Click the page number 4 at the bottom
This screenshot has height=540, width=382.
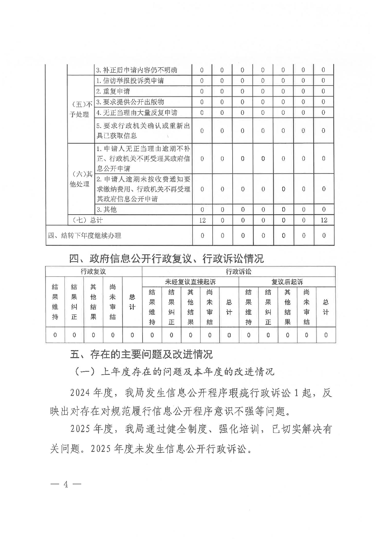pyautogui.click(x=66, y=485)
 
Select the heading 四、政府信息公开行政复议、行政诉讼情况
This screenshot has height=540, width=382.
pyautogui.click(x=166, y=258)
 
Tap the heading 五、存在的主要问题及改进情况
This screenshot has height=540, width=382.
pyautogui.click(x=141, y=355)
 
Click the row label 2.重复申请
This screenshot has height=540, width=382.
pyautogui.click(x=113, y=91)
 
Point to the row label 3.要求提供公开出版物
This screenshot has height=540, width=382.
pyautogui.click(x=130, y=102)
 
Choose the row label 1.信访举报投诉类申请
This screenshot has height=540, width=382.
pyautogui.click(x=130, y=81)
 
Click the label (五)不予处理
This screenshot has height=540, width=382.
pyautogui.click(x=81, y=109)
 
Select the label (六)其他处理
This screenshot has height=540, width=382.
pyautogui.click(x=81, y=179)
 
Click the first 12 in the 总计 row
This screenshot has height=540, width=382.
pyautogui.click(x=202, y=220)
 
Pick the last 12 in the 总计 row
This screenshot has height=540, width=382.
pyautogui.click(x=324, y=220)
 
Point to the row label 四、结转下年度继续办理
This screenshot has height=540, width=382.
pyautogui.click(x=85, y=236)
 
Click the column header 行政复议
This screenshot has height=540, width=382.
pyautogui.click(x=93, y=272)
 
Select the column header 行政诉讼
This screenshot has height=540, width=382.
pyautogui.click(x=238, y=272)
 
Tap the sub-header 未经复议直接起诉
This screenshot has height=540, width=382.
pyautogui.click(x=190, y=282)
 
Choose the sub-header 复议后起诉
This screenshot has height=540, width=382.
pyautogui.click(x=287, y=282)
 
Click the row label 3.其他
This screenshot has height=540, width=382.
pyautogui.click(x=107, y=210)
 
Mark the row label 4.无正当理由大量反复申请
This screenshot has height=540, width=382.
pyautogui.click(x=137, y=113)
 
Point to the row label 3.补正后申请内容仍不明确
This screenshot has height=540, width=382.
pyautogui.click(x=137, y=70)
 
